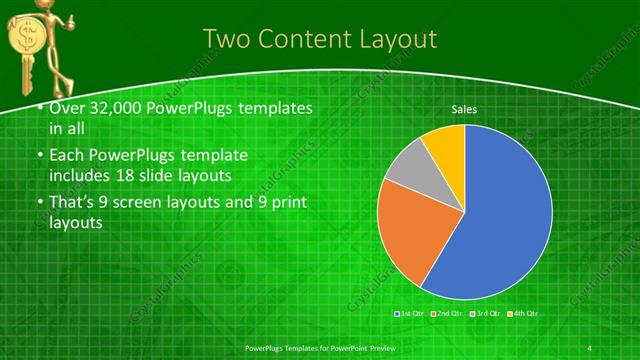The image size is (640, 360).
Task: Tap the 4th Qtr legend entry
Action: pos(524,314)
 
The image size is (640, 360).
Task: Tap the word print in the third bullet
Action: pos(287,203)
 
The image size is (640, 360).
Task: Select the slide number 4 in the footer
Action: pos(590,346)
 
